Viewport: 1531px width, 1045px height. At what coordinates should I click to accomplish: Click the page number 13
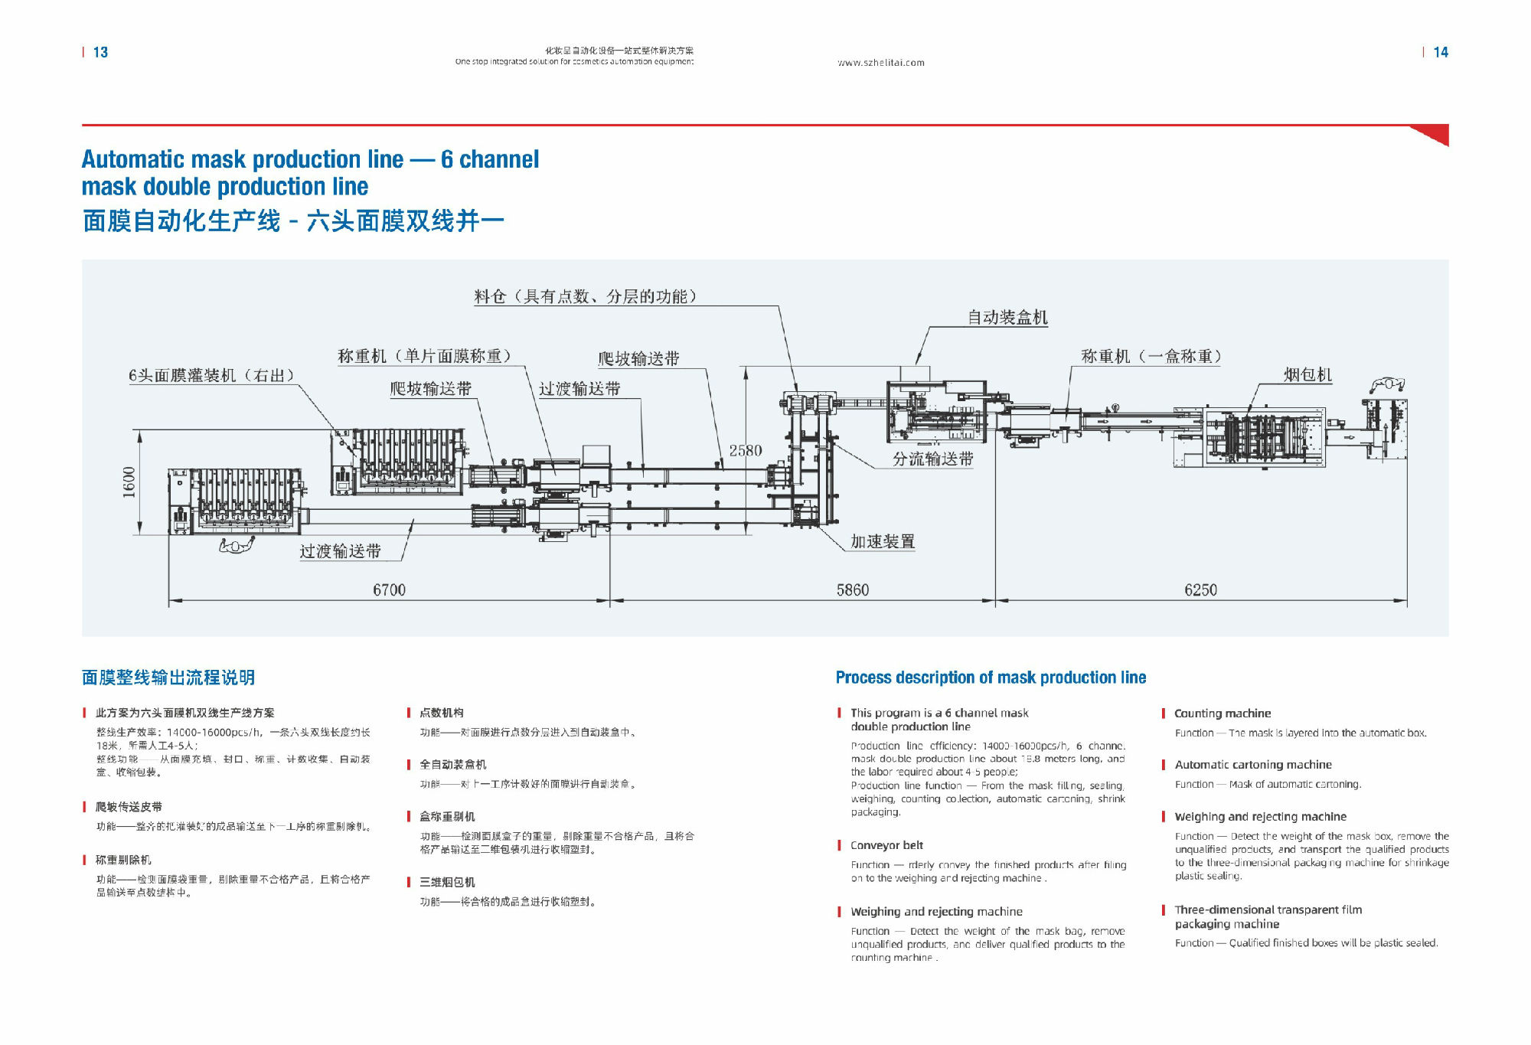[x=100, y=52]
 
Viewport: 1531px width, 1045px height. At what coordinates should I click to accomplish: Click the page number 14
[x=1440, y=52]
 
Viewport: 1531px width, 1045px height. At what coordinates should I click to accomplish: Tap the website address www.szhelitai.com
[x=881, y=63]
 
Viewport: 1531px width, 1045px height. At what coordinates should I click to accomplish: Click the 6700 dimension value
[x=389, y=589]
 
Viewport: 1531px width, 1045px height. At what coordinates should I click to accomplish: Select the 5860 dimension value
[x=852, y=589]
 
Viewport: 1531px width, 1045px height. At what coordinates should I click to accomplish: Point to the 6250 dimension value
[x=1200, y=589]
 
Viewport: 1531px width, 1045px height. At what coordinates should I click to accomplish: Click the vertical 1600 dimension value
[x=129, y=482]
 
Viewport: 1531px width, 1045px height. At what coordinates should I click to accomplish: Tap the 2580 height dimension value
[x=745, y=450]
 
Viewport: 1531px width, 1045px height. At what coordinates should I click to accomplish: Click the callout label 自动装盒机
[x=1007, y=317]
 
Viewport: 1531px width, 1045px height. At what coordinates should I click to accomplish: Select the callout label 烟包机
[x=1307, y=374]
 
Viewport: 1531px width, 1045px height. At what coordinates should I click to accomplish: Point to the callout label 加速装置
[x=883, y=541]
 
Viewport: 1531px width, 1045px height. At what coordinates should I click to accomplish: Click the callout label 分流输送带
[x=932, y=459]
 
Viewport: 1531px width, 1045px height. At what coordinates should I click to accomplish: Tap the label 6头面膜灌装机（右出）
[x=211, y=375]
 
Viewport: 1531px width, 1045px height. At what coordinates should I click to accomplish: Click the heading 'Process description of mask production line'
[x=991, y=678]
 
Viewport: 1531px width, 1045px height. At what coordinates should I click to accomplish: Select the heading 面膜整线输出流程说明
[x=168, y=678]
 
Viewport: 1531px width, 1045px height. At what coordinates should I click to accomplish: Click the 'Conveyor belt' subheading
[x=886, y=845]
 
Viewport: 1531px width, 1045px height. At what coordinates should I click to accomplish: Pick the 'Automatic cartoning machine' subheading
[x=1253, y=764]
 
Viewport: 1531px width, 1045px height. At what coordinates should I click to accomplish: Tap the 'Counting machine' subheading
[x=1223, y=713]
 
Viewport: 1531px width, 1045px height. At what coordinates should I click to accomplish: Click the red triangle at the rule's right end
[x=1434, y=135]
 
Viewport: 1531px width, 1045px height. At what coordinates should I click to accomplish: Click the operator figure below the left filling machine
[x=236, y=545]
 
